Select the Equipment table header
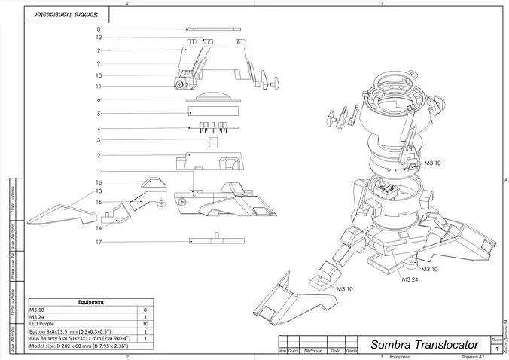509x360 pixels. point(90,302)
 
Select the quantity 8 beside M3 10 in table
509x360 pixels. point(144,310)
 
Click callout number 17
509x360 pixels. point(99,242)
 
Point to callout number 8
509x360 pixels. point(99,29)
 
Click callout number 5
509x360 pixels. point(99,113)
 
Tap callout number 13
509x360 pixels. point(99,191)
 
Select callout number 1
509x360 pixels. point(99,171)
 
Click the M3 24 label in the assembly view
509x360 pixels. point(410,279)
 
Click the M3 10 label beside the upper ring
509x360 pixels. point(433,162)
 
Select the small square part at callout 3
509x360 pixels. point(212,140)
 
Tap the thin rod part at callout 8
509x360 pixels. point(213,29)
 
